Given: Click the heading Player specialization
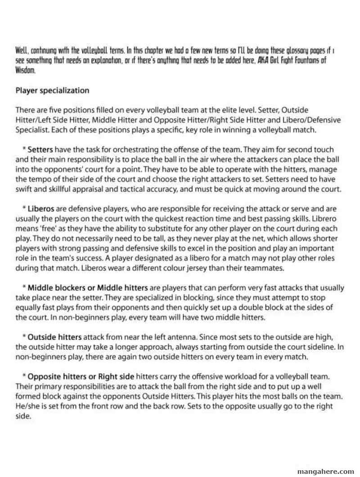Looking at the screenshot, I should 52,90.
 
